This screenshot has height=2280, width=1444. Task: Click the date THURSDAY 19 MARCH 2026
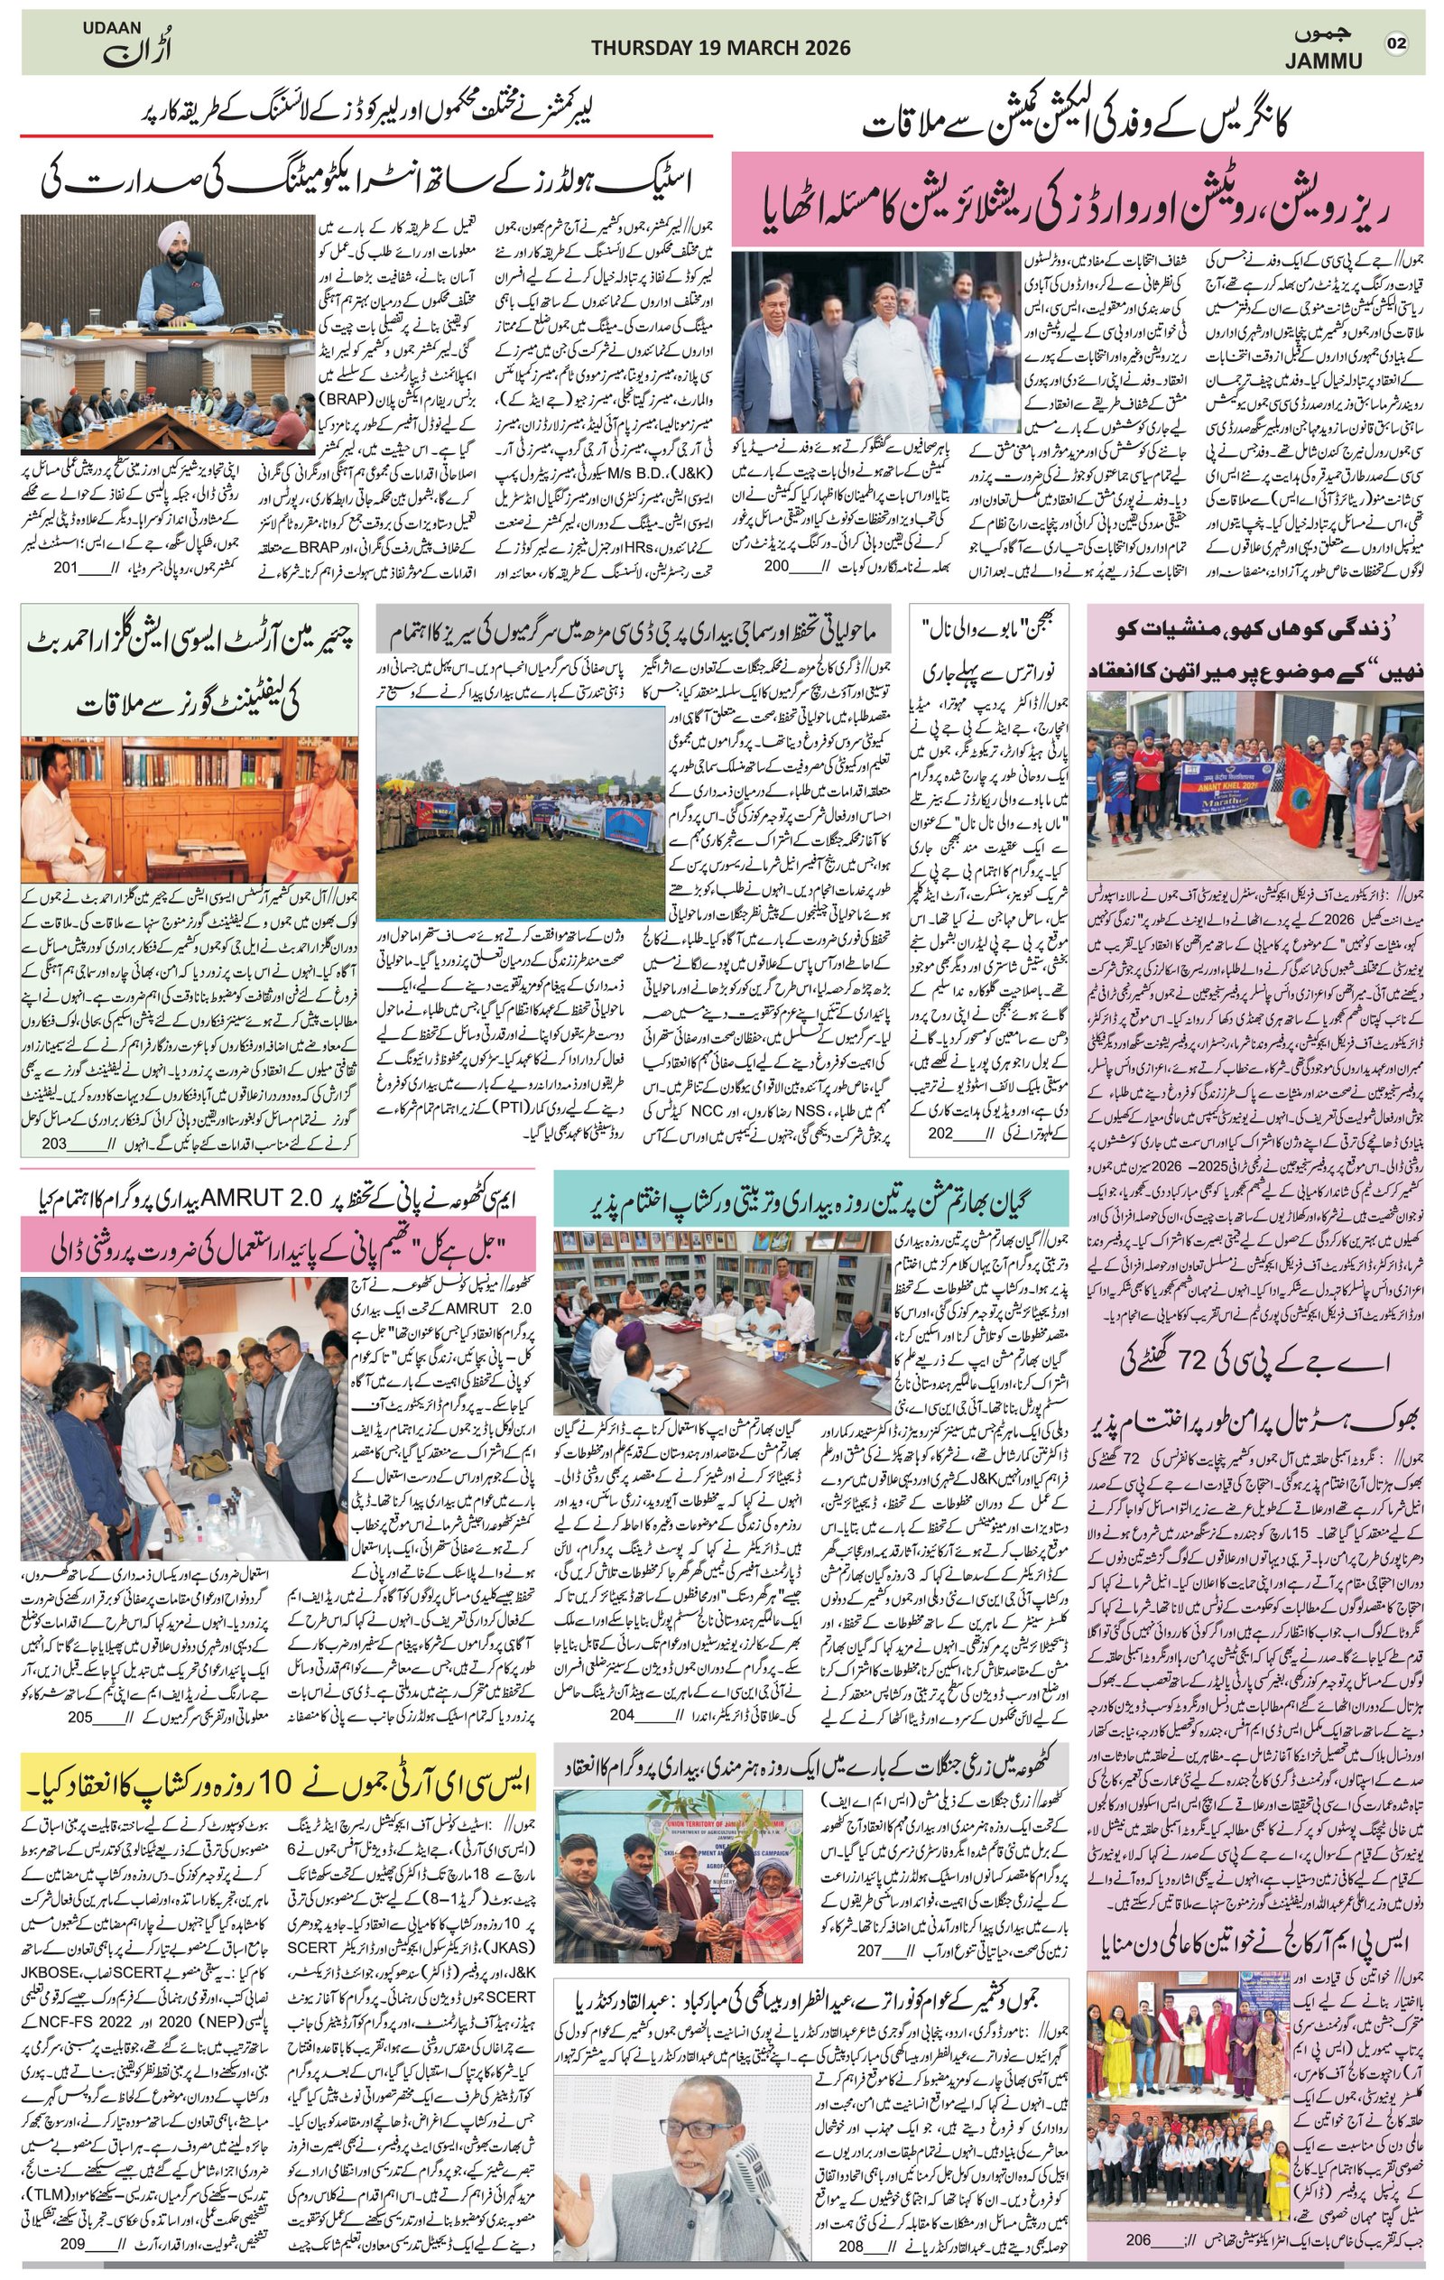720,48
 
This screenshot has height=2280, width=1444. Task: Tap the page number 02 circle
1397,44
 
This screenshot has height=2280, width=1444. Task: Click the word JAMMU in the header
1325,62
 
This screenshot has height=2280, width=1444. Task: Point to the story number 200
776,566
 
